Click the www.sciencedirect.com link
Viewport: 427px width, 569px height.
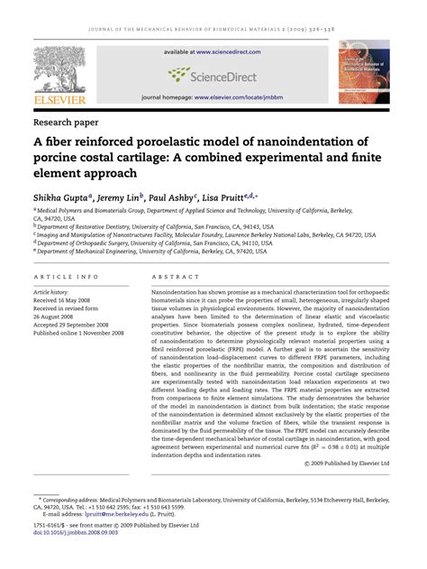(229, 51)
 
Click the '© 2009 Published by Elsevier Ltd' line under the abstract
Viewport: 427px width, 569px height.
(334, 463)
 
